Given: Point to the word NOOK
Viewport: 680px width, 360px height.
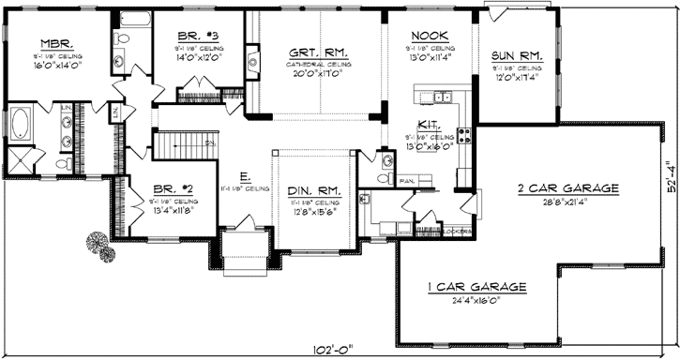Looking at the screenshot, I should pyautogui.click(x=430, y=32).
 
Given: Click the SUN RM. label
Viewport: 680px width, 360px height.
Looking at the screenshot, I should pyautogui.click(x=516, y=54).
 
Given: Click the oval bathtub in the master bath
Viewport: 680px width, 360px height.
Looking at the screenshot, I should pyautogui.click(x=20, y=125).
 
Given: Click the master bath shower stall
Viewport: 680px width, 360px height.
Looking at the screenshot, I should pyautogui.click(x=19, y=157).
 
